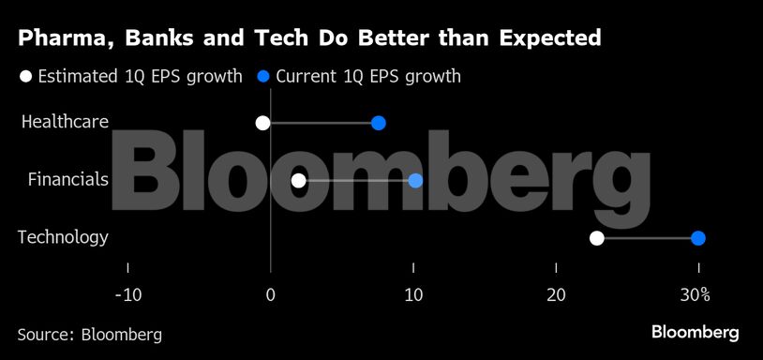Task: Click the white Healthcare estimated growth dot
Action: pos(262,123)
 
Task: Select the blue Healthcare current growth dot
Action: pos(379,123)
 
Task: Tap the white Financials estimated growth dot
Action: pos(298,181)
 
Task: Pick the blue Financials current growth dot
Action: pos(415,181)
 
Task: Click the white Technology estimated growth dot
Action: pos(596,238)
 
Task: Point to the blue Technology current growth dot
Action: pos(697,238)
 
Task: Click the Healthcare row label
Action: pos(65,122)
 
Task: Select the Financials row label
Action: pos(68,180)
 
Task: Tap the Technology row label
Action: pos(63,237)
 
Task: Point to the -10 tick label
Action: pos(127,295)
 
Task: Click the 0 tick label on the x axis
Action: pos(270,295)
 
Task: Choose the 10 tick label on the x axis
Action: pos(413,295)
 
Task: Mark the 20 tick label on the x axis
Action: pos(556,295)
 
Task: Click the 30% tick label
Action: pos(695,295)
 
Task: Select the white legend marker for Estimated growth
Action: pos(26,76)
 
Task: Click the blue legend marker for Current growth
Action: pos(263,76)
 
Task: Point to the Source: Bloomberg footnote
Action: pos(89,335)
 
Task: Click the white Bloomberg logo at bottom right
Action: pos(695,333)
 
